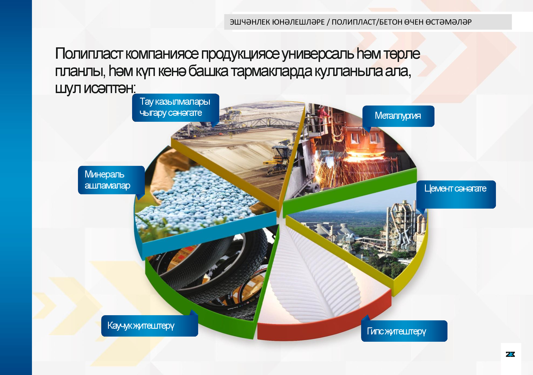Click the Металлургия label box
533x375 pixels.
pyautogui.click(x=398, y=116)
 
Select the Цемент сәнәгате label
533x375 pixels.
pyautogui.click(x=456, y=194)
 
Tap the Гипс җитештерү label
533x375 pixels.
pyautogui.click(x=404, y=331)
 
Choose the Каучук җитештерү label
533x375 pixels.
pyautogui.click(x=149, y=326)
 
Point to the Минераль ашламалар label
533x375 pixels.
pyautogui.click(x=111, y=180)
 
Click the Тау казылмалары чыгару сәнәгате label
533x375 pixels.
pyautogui.click(x=175, y=107)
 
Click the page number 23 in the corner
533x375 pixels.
pyautogui.click(x=510, y=354)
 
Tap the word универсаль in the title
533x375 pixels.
pyautogui.click(x=318, y=54)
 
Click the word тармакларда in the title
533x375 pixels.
pyautogui.click(x=272, y=71)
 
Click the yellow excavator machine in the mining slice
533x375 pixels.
pyautogui.click(x=279, y=160)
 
